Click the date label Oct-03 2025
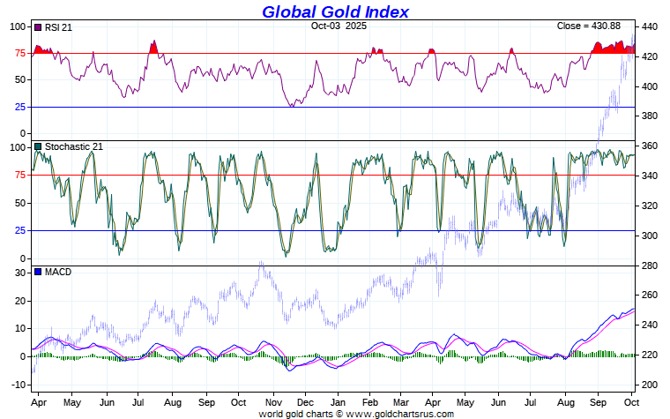(x=339, y=26)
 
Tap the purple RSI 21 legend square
(x=37, y=27)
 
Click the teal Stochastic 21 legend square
(x=37, y=146)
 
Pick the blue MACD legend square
(x=37, y=272)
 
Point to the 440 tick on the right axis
(x=651, y=26)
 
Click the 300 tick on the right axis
(x=651, y=236)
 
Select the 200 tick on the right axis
(x=651, y=385)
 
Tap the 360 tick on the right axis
(x=651, y=146)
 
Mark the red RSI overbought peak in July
(x=153, y=47)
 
